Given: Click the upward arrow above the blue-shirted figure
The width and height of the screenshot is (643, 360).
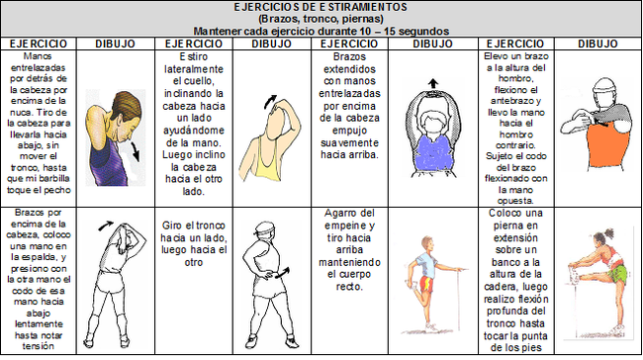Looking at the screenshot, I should (431, 84).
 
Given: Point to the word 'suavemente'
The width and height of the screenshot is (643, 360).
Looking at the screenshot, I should (355, 141).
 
